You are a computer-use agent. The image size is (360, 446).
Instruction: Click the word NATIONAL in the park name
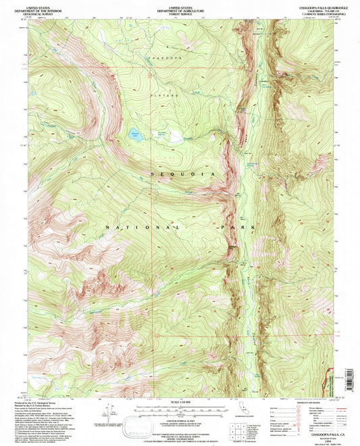143,228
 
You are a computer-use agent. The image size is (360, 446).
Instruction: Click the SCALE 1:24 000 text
180,394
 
